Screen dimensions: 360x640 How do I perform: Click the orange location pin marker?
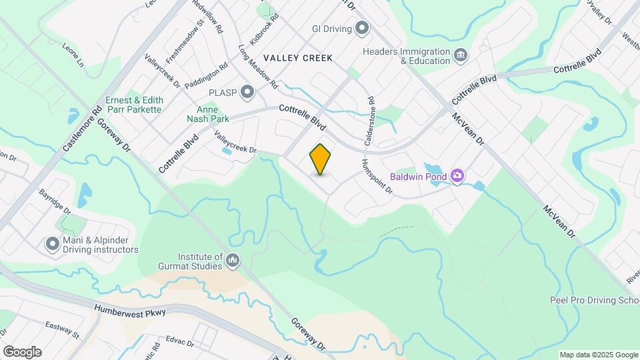[x=321, y=159]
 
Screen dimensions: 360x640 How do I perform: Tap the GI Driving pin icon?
[x=362, y=28]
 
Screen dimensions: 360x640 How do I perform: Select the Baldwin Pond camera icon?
[x=457, y=176]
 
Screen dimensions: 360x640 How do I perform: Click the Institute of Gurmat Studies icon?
[x=233, y=260]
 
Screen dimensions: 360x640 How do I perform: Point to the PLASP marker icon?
[x=248, y=92]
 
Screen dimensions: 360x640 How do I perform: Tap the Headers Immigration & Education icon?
[x=460, y=55]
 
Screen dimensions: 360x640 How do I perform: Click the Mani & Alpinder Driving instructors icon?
[x=53, y=245]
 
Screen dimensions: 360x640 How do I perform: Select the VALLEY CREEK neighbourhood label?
[x=297, y=58]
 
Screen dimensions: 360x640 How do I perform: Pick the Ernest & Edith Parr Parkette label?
[x=133, y=105]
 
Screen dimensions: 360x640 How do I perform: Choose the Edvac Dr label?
[x=179, y=343]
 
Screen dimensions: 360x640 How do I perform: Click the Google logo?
[x=22, y=352]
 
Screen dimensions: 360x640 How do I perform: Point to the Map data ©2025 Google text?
[x=598, y=355]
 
